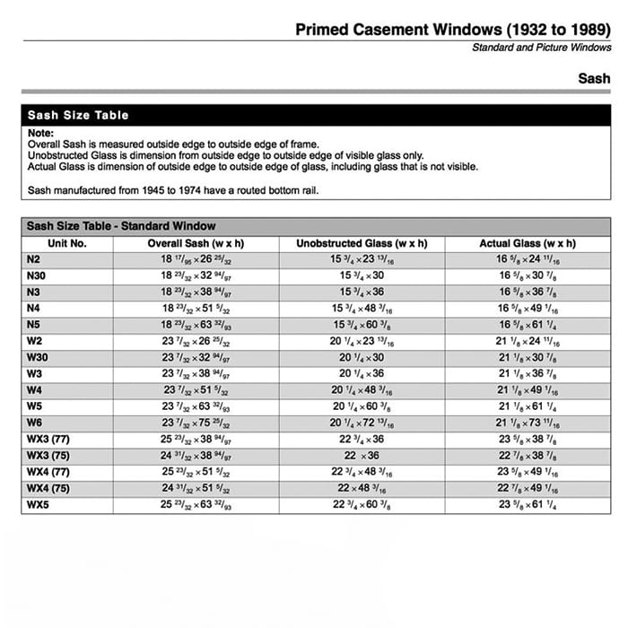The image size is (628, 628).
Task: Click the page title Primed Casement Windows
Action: tap(453, 30)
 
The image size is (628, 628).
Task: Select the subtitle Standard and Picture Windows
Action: tap(541, 48)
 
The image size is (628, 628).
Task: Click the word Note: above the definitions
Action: tap(41, 133)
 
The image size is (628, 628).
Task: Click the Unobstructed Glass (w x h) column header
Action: tap(362, 243)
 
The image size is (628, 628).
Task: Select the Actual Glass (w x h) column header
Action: tap(528, 243)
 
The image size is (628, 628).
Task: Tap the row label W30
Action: tap(38, 358)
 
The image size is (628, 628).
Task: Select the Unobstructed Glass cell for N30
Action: tap(362, 276)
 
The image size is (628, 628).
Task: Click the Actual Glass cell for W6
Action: tap(528, 423)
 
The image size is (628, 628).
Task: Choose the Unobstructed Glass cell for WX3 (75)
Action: tap(362, 456)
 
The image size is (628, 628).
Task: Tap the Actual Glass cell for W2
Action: tap(528, 342)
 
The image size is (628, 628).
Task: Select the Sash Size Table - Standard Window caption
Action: tap(121, 226)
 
